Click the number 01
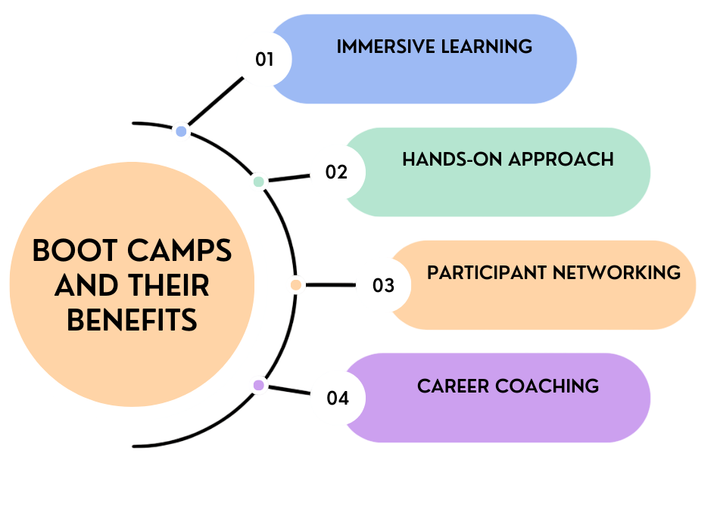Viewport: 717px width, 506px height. tap(264, 59)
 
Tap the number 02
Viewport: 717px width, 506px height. tap(336, 172)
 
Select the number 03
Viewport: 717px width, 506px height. tap(383, 285)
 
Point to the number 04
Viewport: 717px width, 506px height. tap(338, 398)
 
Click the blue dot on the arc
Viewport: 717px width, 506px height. tap(181, 132)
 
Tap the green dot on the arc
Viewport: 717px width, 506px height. tap(258, 182)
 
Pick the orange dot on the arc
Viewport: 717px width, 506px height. tap(296, 285)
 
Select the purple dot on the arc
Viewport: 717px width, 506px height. tap(258, 385)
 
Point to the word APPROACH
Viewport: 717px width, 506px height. tap(561, 160)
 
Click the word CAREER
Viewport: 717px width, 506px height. tap(454, 386)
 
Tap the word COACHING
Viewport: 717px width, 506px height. tap(547, 386)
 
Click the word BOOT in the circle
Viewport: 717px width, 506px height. tap(73, 251)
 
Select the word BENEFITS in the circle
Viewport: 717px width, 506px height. tap(132, 320)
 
